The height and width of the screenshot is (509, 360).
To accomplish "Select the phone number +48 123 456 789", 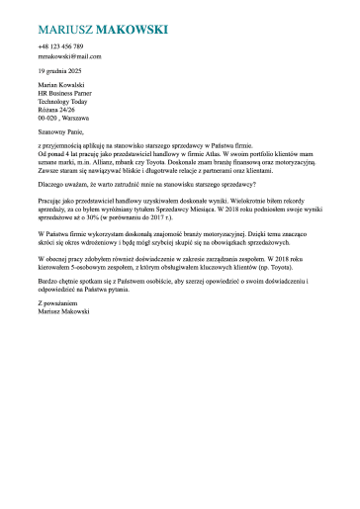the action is click(60, 47).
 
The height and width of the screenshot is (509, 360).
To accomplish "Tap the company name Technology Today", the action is click(62, 102).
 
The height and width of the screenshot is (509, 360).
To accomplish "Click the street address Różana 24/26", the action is click(56, 110).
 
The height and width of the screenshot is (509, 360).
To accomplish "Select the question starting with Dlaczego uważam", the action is click(146, 183).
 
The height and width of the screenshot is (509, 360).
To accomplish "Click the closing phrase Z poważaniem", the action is click(58, 302).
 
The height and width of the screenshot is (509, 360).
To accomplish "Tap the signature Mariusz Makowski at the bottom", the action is click(62, 310).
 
